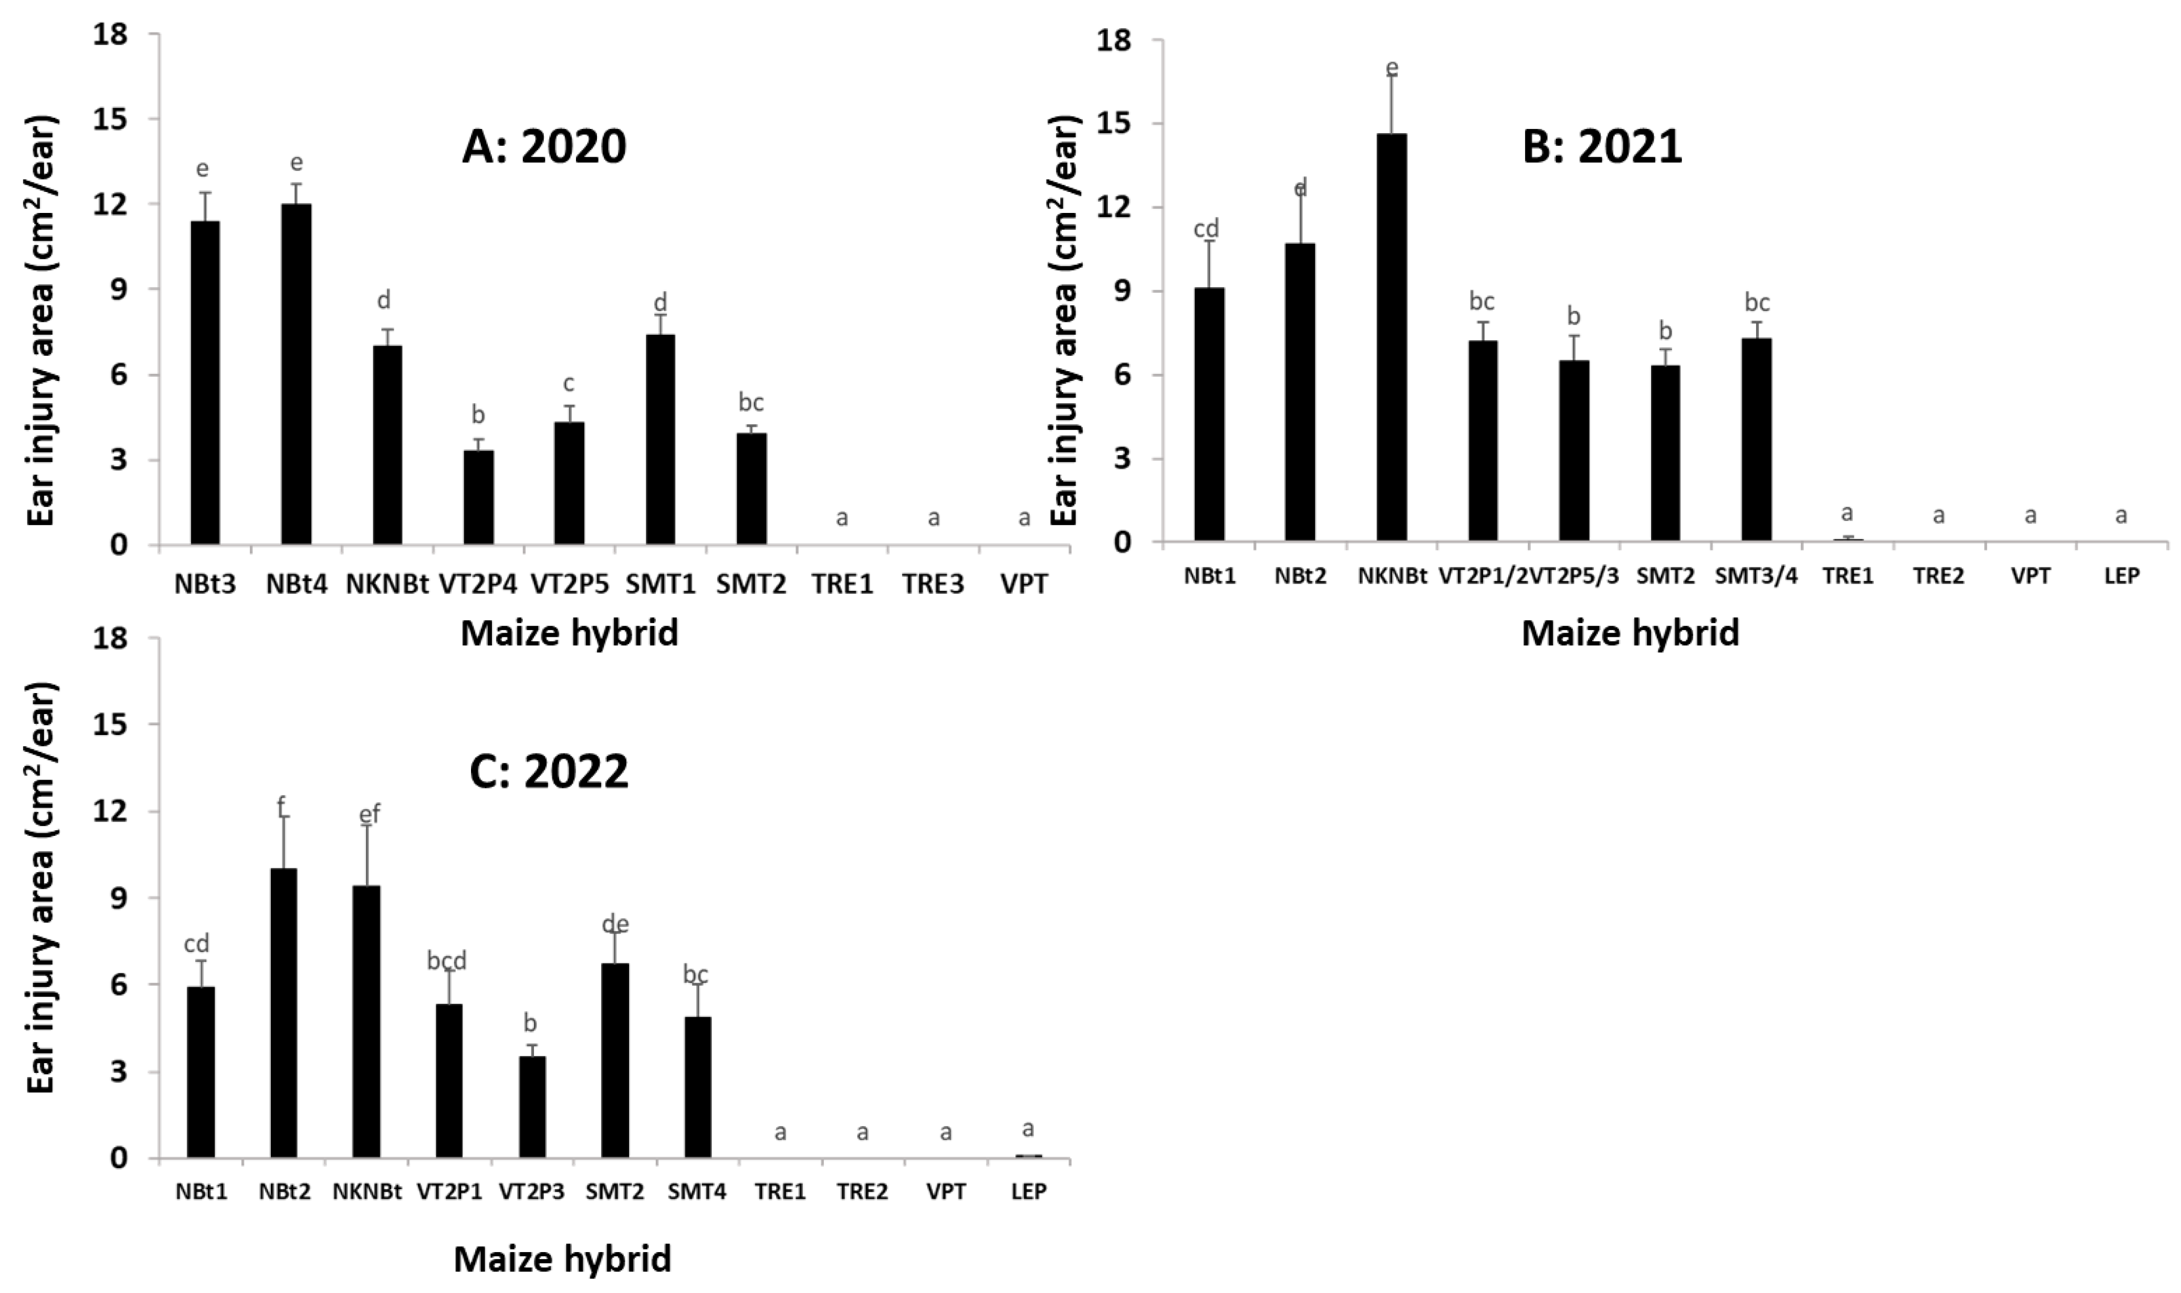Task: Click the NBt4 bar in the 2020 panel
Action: coord(296,375)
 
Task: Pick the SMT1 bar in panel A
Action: coord(660,440)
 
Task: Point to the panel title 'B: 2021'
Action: coord(1601,146)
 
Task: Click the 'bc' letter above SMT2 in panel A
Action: coord(751,402)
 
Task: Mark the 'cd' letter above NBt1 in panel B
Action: coord(1206,229)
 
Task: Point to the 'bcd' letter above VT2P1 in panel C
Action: coord(447,961)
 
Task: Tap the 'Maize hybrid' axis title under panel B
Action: coord(1630,633)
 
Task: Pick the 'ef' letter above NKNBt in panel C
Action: coord(370,815)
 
